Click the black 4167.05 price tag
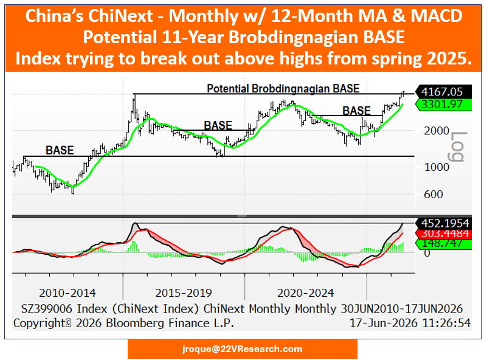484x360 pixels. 443,92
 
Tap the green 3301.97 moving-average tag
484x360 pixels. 443,105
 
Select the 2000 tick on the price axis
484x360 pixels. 437,131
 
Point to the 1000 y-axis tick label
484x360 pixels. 437,167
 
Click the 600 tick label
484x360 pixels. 434,194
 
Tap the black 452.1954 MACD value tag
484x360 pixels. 443,223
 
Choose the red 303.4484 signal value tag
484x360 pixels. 443,234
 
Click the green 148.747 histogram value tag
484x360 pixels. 443,243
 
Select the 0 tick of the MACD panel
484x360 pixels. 427,253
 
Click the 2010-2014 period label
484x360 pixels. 67,292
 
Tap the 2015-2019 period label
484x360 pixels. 184,292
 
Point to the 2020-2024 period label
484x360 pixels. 305,292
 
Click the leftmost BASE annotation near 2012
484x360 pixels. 60,150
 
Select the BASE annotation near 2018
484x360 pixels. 218,126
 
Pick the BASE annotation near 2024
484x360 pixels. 356,111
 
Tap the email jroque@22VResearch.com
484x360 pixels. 243,349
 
